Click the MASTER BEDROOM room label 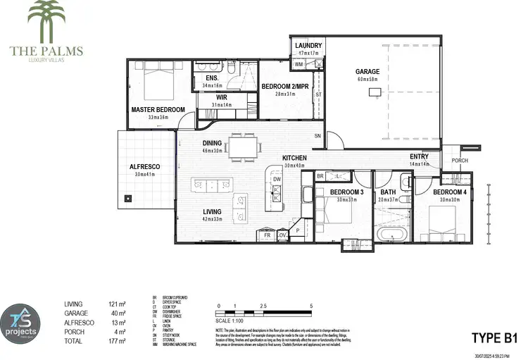[x=158, y=110]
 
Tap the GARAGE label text [x=367, y=71]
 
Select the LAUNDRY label [x=308, y=45]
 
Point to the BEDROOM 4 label [x=449, y=192]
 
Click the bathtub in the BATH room [x=391, y=234]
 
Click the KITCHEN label [x=294, y=158]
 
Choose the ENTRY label [x=420, y=156]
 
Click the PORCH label [x=460, y=160]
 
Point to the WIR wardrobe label [x=221, y=97]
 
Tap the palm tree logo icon [x=46, y=19]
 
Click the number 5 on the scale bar [x=310, y=305]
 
